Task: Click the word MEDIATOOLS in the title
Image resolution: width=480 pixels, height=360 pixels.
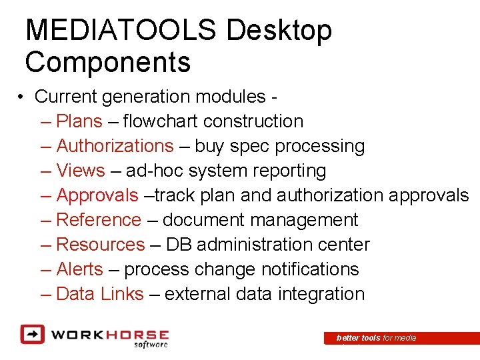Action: coord(121,31)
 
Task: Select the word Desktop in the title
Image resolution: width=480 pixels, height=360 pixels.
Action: coord(279,31)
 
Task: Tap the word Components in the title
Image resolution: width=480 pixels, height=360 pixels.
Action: coord(108,63)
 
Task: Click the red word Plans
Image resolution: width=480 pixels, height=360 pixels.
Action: coord(79,121)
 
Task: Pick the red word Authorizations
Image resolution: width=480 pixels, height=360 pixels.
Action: coord(115,146)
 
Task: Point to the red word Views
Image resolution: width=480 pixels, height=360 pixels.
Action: coord(81,171)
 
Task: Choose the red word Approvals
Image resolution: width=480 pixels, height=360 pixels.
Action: coord(97,195)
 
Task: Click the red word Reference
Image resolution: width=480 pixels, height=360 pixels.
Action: coord(99,220)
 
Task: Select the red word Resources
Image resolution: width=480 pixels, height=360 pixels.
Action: coord(100,245)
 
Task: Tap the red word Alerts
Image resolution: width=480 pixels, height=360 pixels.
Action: coord(80,269)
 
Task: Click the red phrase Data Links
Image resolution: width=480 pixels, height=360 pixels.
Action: coord(100,294)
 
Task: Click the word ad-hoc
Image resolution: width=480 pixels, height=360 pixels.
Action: coord(155,171)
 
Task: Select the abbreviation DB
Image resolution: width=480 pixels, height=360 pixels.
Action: coord(179,245)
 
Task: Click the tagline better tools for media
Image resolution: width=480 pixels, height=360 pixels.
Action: coord(377,338)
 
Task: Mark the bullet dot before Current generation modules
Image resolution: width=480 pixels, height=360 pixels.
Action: coord(22,97)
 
